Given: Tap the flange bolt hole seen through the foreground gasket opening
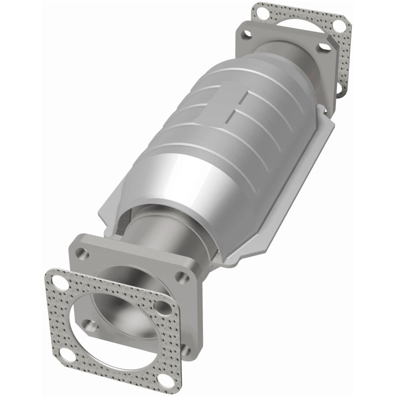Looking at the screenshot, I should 89,326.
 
